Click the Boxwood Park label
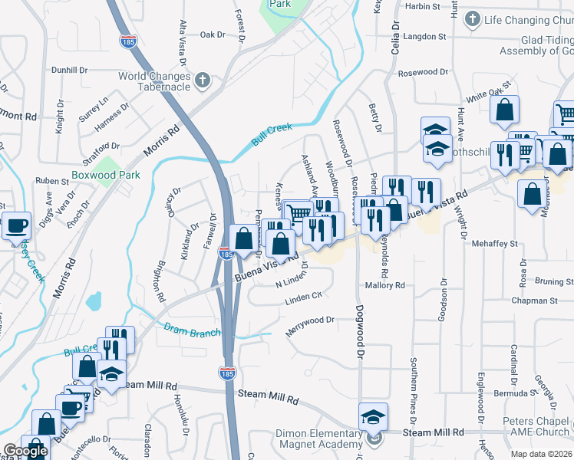click(106, 175)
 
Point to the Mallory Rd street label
click(384, 285)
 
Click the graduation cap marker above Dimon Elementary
click(374, 416)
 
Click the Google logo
click(25, 451)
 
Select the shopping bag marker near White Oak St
click(505, 110)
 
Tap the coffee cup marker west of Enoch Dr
click(16, 226)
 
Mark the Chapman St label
click(535, 301)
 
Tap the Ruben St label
click(52, 181)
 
